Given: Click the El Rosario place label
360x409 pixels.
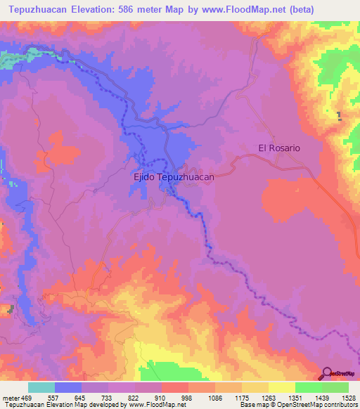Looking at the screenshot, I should pyautogui.click(x=279, y=148).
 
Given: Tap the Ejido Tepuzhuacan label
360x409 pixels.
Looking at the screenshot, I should pyautogui.click(x=174, y=178).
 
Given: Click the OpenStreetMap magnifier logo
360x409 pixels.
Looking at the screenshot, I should pyautogui.click(x=327, y=374).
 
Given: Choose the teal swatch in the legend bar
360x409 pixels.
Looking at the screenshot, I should pyautogui.click(x=41, y=387).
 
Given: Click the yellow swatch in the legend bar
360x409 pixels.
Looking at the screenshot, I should pyautogui.click(x=282, y=387).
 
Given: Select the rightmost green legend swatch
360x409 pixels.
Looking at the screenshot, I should pyautogui.click(x=335, y=387).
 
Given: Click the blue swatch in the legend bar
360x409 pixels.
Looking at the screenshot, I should pyautogui.click(x=68, y=387).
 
